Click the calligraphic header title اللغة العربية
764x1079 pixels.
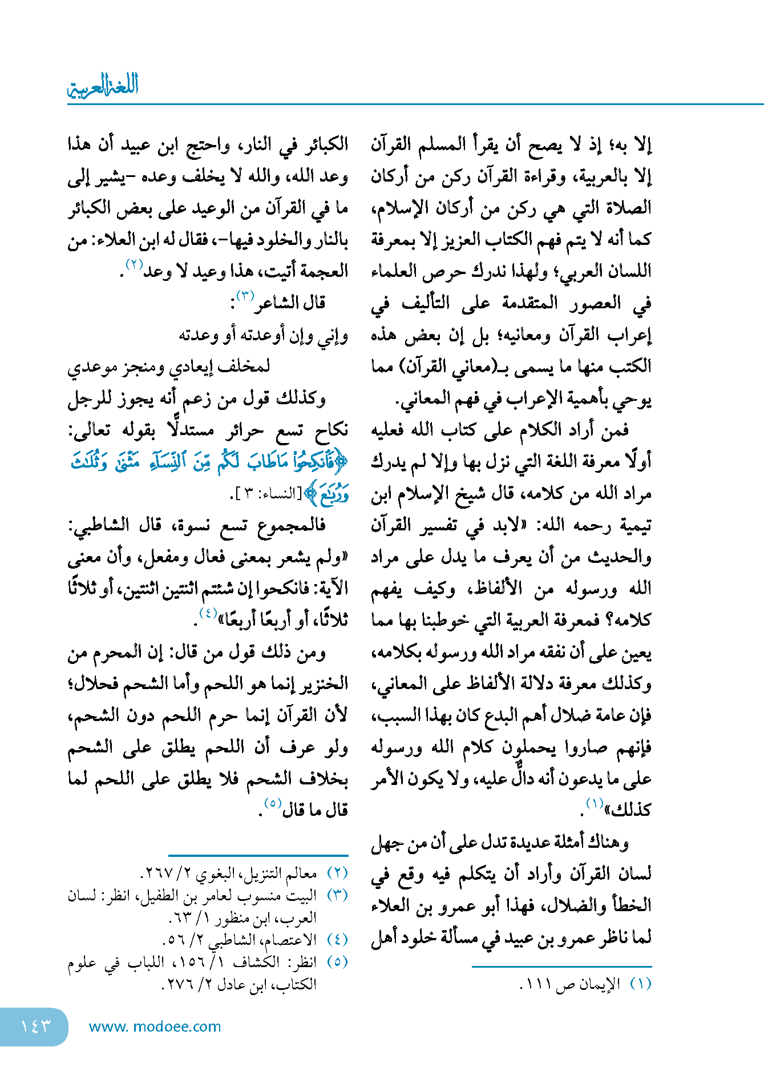103,86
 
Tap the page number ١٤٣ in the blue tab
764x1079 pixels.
35,1026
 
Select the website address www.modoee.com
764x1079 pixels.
155,1026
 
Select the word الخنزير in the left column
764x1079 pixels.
320,683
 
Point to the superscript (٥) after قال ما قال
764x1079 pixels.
272,803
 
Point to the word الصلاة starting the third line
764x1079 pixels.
628,208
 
